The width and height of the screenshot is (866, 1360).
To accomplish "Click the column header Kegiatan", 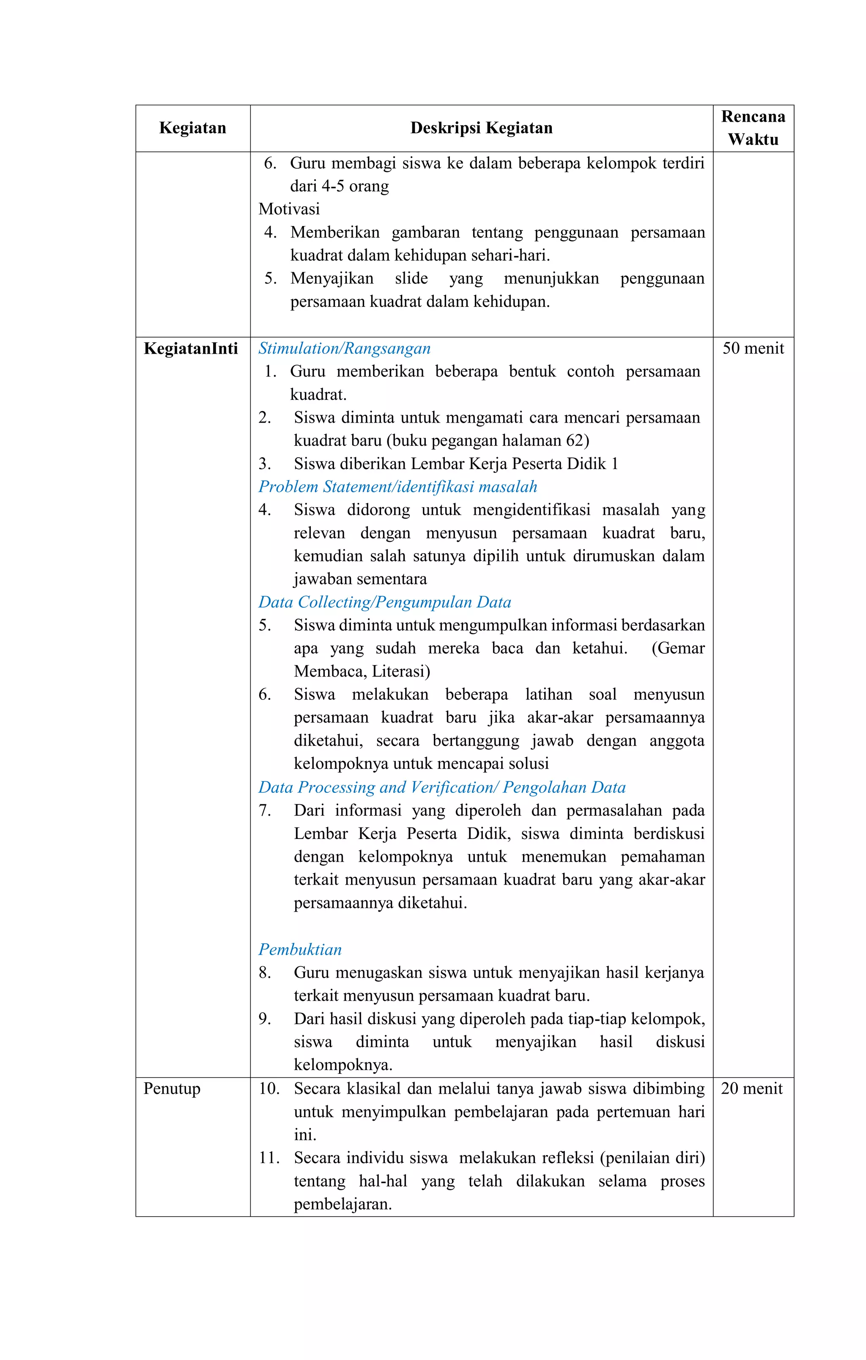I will pos(192,128).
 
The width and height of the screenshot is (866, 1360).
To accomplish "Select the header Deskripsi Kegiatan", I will pos(481,128).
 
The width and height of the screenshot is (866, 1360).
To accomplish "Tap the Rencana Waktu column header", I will pos(753,128).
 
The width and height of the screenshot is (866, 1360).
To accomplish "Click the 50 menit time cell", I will pos(753,349).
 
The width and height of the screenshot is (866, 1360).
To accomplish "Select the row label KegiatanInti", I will pos(191,349).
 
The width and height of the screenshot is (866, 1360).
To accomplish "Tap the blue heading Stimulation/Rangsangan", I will pos(344,349).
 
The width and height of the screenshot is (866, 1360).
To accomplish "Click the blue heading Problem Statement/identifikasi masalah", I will pos(397,487).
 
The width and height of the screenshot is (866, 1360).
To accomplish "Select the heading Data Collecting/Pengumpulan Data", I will pos(384,602).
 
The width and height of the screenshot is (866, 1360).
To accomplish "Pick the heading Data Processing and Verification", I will pos(442,787).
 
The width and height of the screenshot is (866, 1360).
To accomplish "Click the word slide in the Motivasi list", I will pos(411,279).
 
